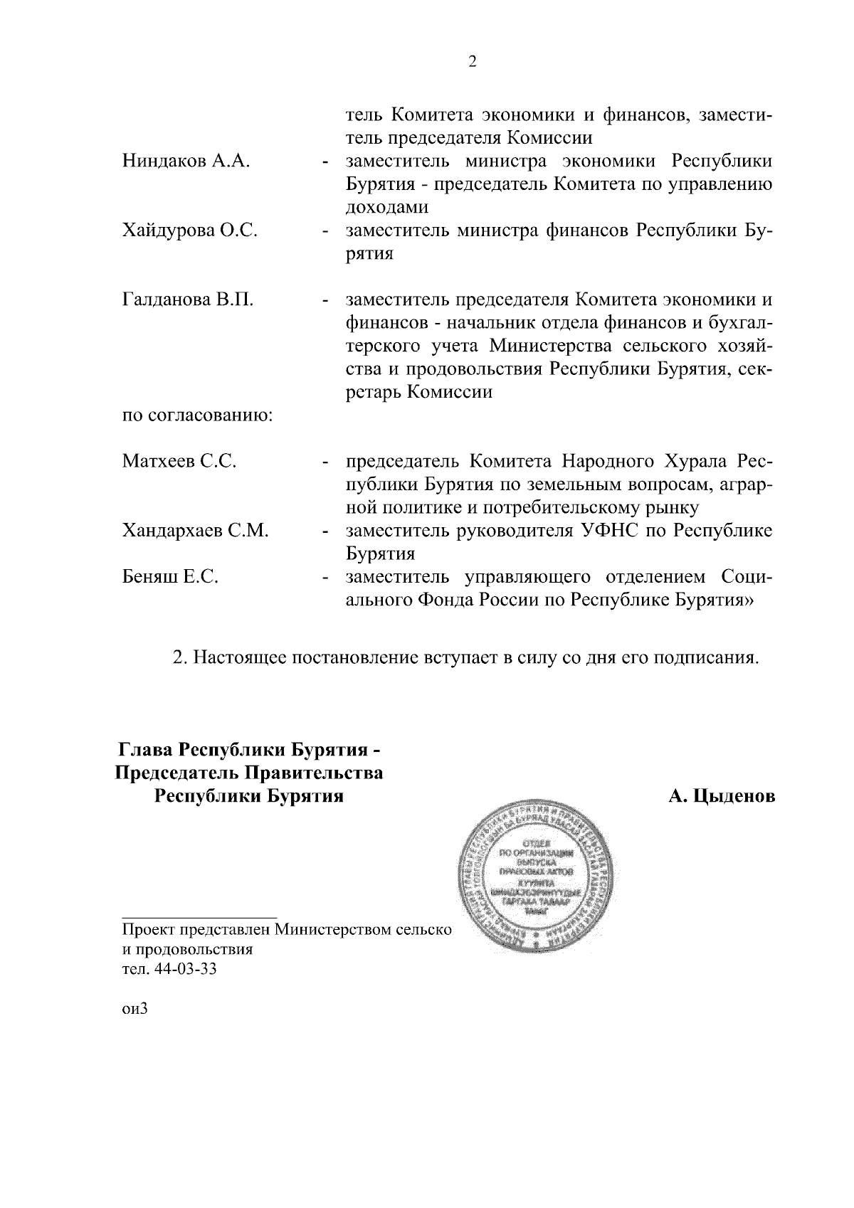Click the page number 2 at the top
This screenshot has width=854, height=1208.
point(473,62)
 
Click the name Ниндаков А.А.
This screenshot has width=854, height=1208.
point(186,161)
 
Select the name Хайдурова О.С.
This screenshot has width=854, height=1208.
point(190,231)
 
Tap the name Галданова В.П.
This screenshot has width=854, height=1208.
point(188,300)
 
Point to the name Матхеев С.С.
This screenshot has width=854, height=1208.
point(179,461)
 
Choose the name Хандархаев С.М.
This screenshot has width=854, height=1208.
point(195,530)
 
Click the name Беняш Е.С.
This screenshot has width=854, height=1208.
point(170,576)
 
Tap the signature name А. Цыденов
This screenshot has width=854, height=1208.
point(721,796)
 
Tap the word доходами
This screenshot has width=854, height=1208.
point(387,208)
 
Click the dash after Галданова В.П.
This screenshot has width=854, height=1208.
point(325,302)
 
